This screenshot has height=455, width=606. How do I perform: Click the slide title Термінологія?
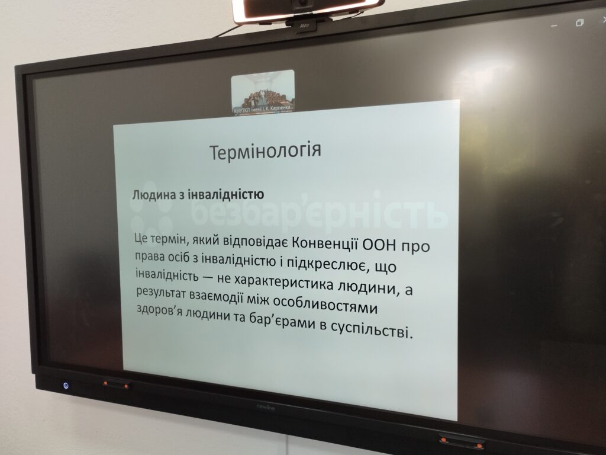click(x=265, y=151)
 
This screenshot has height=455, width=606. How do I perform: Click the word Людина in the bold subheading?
click(x=153, y=194)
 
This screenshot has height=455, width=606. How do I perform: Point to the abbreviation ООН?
click(x=380, y=245)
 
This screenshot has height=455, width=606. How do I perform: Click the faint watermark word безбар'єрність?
click(x=319, y=212)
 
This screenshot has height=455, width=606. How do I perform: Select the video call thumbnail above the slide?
click(x=263, y=92)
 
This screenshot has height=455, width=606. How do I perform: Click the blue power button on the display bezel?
click(x=66, y=386)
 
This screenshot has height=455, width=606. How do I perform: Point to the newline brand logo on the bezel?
click(x=266, y=406)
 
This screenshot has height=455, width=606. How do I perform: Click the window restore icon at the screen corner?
click(x=579, y=23)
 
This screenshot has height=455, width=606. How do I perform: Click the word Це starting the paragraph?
click(x=141, y=238)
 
